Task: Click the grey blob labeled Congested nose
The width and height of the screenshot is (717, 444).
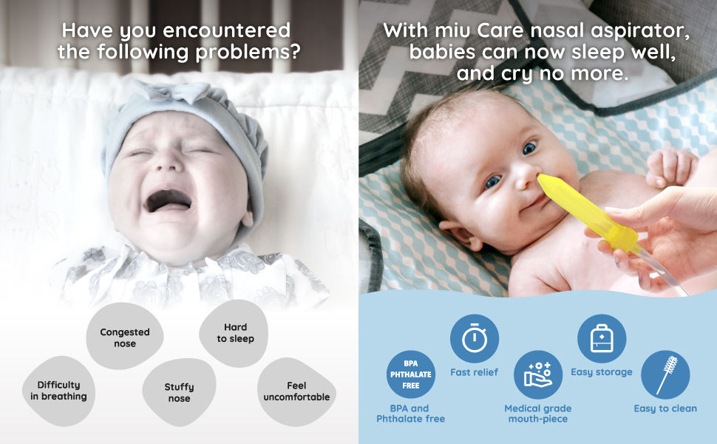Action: pos(124,337)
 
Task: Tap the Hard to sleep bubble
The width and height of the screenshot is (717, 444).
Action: pos(235,333)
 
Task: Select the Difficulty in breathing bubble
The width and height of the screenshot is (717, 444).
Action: pos(58,390)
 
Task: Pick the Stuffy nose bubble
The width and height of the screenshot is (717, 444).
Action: pos(179,392)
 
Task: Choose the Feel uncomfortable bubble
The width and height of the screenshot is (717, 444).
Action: pos(296,391)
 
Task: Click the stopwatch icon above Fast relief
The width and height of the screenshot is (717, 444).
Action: pos(474,338)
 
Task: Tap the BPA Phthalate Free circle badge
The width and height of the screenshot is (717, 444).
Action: pos(410,374)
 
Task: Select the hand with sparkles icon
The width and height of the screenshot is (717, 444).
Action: pos(537,374)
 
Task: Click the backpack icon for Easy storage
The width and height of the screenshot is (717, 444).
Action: pos(601,339)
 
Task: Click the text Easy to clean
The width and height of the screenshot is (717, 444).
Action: pos(665,408)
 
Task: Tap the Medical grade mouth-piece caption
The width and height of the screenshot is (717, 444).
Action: pos(537,414)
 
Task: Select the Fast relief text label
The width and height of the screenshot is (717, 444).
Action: pos(474,372)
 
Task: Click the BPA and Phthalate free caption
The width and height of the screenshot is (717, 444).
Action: pos(410,414)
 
